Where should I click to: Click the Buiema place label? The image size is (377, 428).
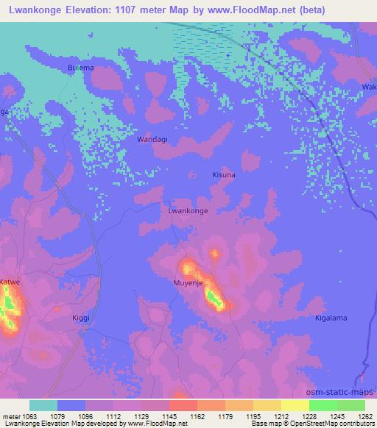81,68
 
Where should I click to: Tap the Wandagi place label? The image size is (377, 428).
152,138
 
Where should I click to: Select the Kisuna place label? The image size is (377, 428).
224,176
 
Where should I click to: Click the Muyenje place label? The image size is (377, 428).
187,282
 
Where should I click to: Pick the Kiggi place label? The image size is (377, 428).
80,318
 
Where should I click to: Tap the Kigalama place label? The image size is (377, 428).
331,318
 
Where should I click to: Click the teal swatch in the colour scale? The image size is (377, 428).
43,405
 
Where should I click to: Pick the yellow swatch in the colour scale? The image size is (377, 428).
295,405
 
